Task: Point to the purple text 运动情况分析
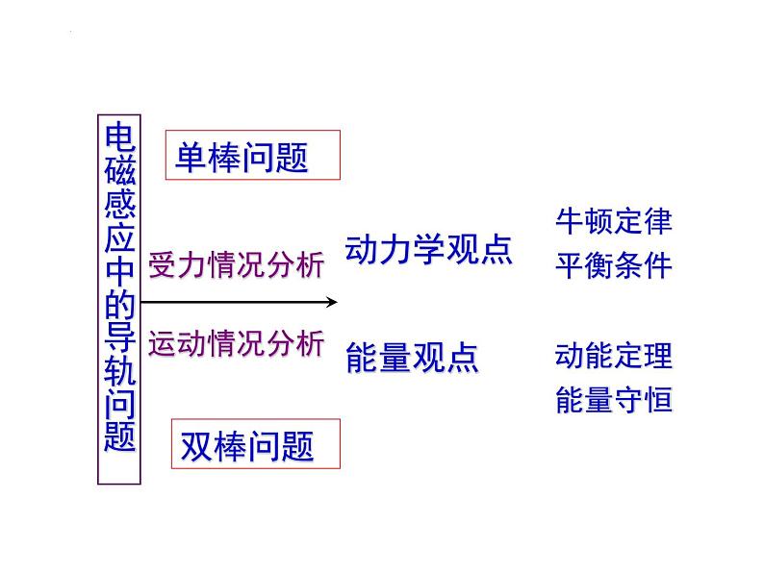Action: (236, 344)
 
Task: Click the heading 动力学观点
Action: (428, 250)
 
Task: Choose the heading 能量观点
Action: (411, 359)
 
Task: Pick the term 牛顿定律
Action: (613, 222)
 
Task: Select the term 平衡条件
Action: (613, 265)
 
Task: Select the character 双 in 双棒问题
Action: (197, 446)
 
